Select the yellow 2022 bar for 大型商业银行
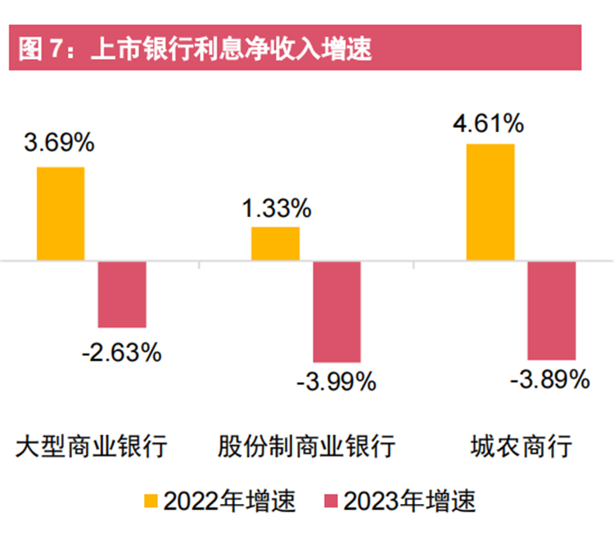tap(61, 214)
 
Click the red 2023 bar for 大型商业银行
tap(122, 295)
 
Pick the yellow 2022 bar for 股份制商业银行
tap(275, 244)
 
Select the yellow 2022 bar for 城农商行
tap(490, 203)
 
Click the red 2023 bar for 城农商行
tap(552, 311)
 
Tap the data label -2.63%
tap(122, 352)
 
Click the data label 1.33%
tap(276, 208)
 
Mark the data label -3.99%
tap(336, 381)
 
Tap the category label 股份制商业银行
tap(306, 447)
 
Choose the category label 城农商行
tap(521, 447)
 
